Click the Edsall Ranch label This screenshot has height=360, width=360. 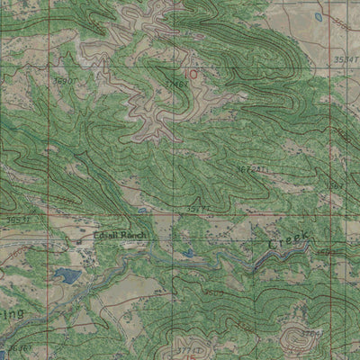pos(119,236)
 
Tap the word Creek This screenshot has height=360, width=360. pos(287,241)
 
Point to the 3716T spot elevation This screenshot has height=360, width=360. pos(176,84)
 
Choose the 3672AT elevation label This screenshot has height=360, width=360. pos(251,168)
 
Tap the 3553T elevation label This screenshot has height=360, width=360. pos(17,219)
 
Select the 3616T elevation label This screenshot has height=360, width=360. pos(17,346)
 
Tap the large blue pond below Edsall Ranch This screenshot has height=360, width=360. pos(64,275)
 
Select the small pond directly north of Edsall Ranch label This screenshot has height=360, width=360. pos(142,211)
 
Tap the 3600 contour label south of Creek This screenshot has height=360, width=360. pos(213,292)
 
